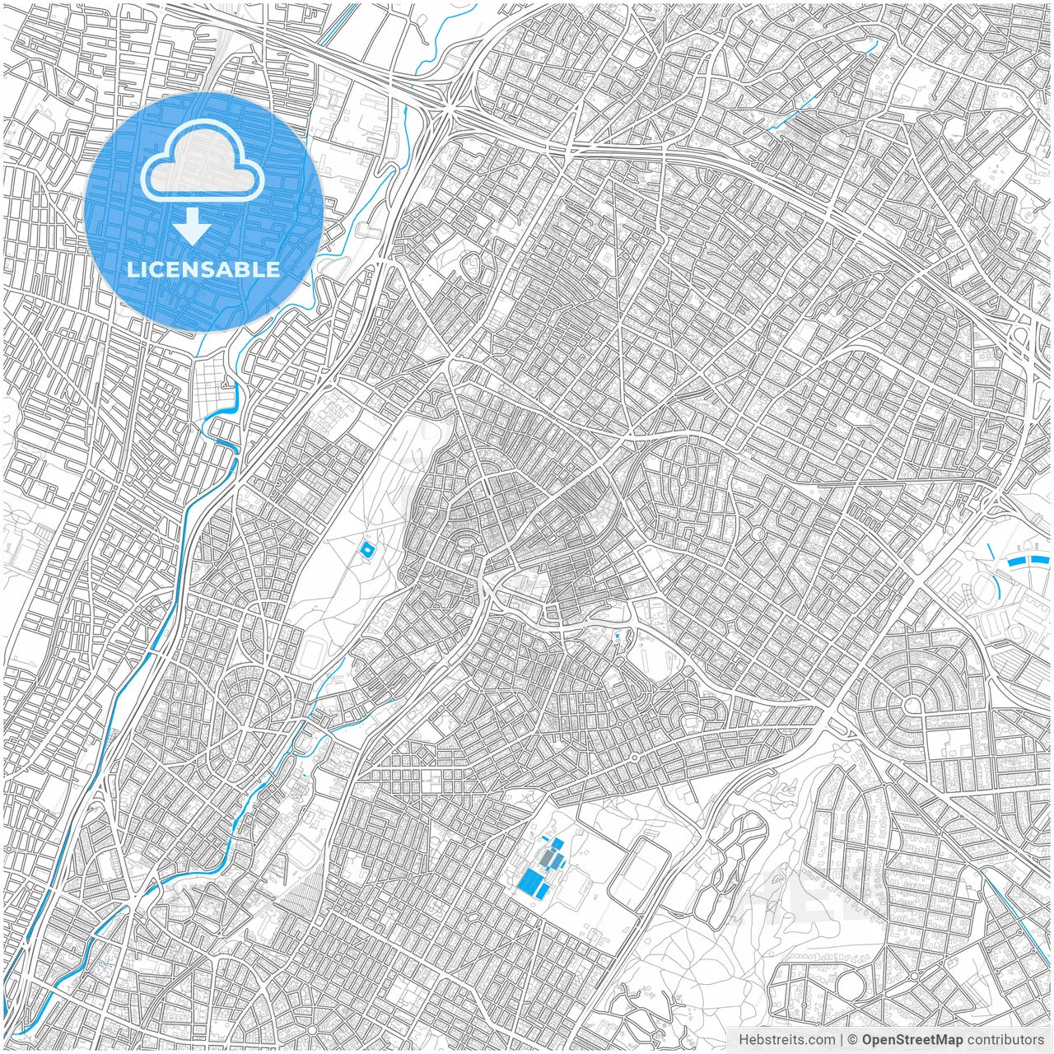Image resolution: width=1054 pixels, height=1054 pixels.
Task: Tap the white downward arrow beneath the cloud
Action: pyautogui.click(x=193, y=226)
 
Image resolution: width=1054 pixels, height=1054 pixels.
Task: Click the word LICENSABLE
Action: pyautogui.click(x=203, y=269)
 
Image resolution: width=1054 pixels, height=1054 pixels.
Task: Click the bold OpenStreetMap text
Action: pyautogui.click(x=912, y=1040)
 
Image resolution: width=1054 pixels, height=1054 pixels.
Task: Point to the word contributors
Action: pyautogui.click(x=1005, y=1040)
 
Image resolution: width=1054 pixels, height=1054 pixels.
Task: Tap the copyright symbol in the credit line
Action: pyautogui.click(x=852, y=1040)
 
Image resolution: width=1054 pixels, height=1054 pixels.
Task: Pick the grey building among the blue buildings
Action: pyautogui.click(x=547, y=860)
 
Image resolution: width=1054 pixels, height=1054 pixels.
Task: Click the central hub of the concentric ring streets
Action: pyautogui.click(x=912, y=705)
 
